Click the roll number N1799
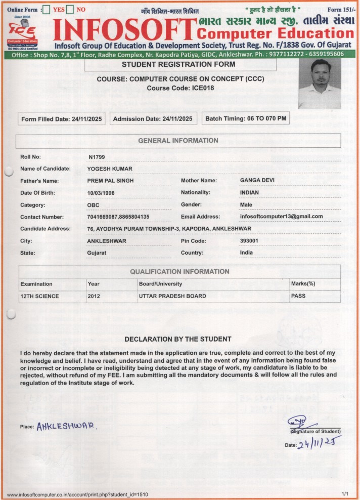pyautogui.click(x=96, y=157)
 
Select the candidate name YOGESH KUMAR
pyautogui.click(x=110, y=169)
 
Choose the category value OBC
pyautogui.click(x=94, y=205)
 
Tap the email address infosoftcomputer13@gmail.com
pyautogui.click(x=281, y=217)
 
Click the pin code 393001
pyautogui.click(x=249, y=241)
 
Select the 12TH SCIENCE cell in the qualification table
pyautogui.click(x=39, y=296)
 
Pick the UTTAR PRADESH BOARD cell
pyautogui.click(x=172, y=296)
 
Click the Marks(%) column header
pyautogui.click(x=303, y=284)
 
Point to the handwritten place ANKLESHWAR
pyautogui.click(x=66, y=426)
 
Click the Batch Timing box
pyautogui.click(x=246, y=119)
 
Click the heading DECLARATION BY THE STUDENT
pyautogui.click(x=178, y=339)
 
